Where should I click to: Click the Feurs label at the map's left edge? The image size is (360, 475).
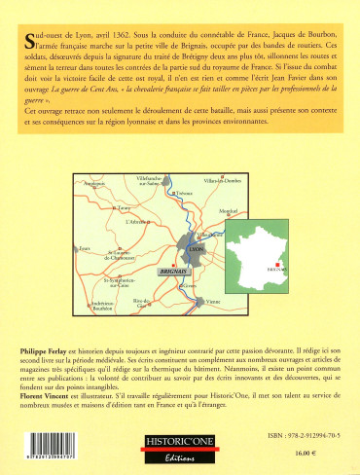pos(85,247)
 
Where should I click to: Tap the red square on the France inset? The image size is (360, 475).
pos(279,263)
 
